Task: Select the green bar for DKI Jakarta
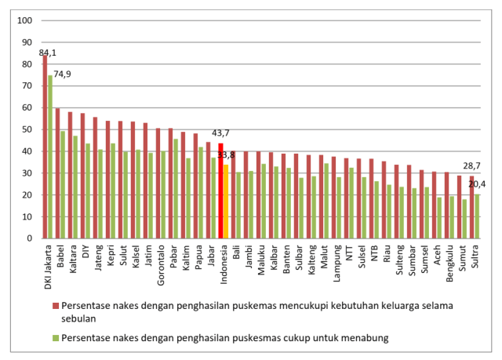tap(50, 157)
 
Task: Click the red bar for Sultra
tap(471, 207)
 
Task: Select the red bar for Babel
tap(57, 173)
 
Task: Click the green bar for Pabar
tap(176, 188)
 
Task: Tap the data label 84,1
tap(47, 53)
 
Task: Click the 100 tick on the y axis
tap(25, 20)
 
